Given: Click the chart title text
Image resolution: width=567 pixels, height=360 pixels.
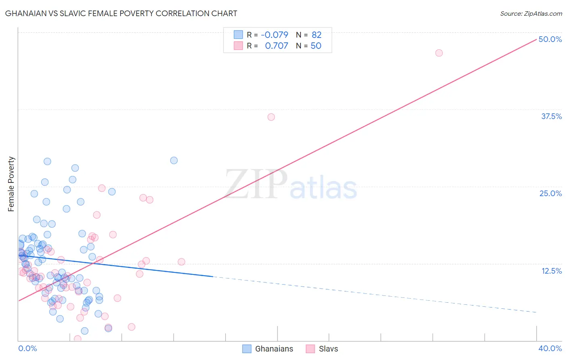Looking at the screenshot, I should (121, 13).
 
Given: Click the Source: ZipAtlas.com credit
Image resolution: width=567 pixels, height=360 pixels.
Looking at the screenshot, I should (531, 14).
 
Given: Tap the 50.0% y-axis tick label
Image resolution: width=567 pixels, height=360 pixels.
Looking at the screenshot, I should (550, 39).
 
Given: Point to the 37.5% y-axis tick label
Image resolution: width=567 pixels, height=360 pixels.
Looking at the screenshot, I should (551, 116).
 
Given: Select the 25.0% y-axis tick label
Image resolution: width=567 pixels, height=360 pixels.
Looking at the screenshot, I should (550, 193).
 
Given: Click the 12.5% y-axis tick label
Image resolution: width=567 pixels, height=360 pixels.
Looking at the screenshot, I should (551, 271).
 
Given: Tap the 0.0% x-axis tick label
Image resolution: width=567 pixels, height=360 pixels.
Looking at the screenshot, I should (27, 348).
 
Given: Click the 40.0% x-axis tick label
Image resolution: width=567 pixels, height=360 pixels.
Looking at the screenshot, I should (550, 348).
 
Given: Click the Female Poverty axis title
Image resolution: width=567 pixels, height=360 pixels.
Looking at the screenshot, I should (11, 184).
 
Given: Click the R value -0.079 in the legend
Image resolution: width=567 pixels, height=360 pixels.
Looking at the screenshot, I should (274, 35).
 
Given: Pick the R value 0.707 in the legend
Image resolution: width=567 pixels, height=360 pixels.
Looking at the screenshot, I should (276, 46).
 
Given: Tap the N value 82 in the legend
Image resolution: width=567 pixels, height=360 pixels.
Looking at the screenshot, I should (317, 35).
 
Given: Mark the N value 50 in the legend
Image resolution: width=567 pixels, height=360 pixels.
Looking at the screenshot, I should (316, 46).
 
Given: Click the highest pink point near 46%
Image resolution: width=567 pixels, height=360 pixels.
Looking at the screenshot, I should (439, 53).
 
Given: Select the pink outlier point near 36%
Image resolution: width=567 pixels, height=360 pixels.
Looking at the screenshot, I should (271, 117).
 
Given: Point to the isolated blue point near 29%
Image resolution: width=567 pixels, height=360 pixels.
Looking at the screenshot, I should (174, 160).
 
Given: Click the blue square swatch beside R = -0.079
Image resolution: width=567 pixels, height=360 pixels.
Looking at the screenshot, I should (238, 35).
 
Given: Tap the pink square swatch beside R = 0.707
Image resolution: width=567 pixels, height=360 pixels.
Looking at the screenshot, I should (238, 46).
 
